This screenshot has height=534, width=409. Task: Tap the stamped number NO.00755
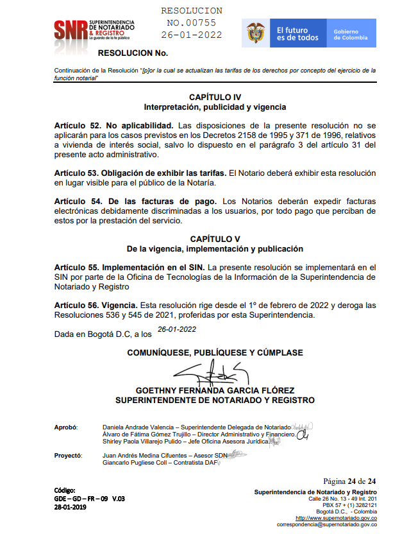point(191,23)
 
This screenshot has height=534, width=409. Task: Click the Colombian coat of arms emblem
point(255,33)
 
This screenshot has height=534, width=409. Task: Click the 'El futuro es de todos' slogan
point(297,34)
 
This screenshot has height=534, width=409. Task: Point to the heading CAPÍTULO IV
point(215,97)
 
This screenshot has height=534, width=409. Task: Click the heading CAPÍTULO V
point(215,239)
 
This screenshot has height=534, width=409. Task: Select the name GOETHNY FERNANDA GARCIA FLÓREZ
point(215,390)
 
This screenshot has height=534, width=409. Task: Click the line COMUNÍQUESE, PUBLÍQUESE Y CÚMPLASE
point(215,352)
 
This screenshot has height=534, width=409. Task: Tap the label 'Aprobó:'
point(66,427)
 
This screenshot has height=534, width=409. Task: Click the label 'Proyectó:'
point(68,455)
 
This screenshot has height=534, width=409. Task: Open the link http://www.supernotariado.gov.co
point(336,518)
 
